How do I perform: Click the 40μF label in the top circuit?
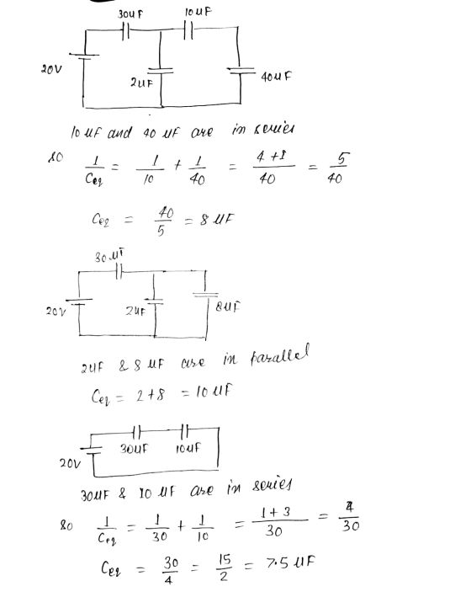pyautogui.click(x=276, y=77)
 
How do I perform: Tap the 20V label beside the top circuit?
pyautogui.click(x=51, y=69)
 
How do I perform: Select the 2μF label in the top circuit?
pyautogui.click(x=141, y=83)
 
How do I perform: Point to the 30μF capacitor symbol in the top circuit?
pyautogui.click(x=126, y=30)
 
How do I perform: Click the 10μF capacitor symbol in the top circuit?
pyautogui.click(x=188, y=30)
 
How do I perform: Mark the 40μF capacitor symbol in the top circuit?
pyautogui.click(x=241, y=70)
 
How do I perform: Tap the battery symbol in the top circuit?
pyautogui.click(x=84, y=56)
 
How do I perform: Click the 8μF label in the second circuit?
pyautogui.click(x=228, y=306)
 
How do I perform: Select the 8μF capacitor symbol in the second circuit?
pyautogui.click(x=205, y=295)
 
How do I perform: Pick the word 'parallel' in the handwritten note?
pyautogui.click(x=279, y=355)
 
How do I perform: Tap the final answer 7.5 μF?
pyautogui.click(x=291, y=562)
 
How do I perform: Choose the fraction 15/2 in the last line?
pyautogui.click(x=224, y=568)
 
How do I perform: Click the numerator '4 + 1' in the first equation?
pyautogui.click(x=272, y=156)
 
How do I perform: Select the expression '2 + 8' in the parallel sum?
pyautogui.click(x=151, y=395)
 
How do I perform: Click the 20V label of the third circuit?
pyautogui.click(x=70, y=463)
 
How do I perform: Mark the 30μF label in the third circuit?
pyautogui.click(x=134, y=449)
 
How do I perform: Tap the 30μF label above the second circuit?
pyautogui.click(x=109, y=256)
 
